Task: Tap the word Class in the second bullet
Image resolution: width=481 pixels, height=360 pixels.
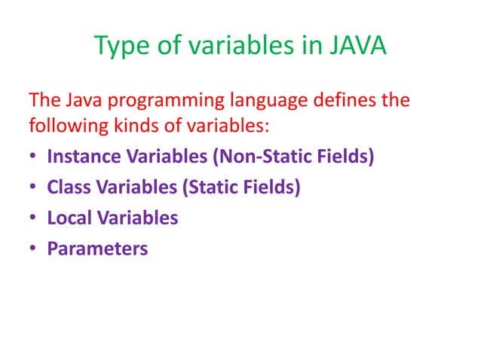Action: click(x=66, y=188)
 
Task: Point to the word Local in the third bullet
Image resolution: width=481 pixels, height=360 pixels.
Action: click(x=66, y=218)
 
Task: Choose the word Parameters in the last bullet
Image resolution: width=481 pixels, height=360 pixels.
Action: click(x=97, y=248)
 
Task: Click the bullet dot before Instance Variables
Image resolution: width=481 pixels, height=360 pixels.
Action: click(x=33, y=158)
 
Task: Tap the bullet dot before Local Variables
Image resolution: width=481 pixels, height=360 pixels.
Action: click(x=33, y=218)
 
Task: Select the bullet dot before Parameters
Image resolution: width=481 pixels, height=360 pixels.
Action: click(x=33, y=249)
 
